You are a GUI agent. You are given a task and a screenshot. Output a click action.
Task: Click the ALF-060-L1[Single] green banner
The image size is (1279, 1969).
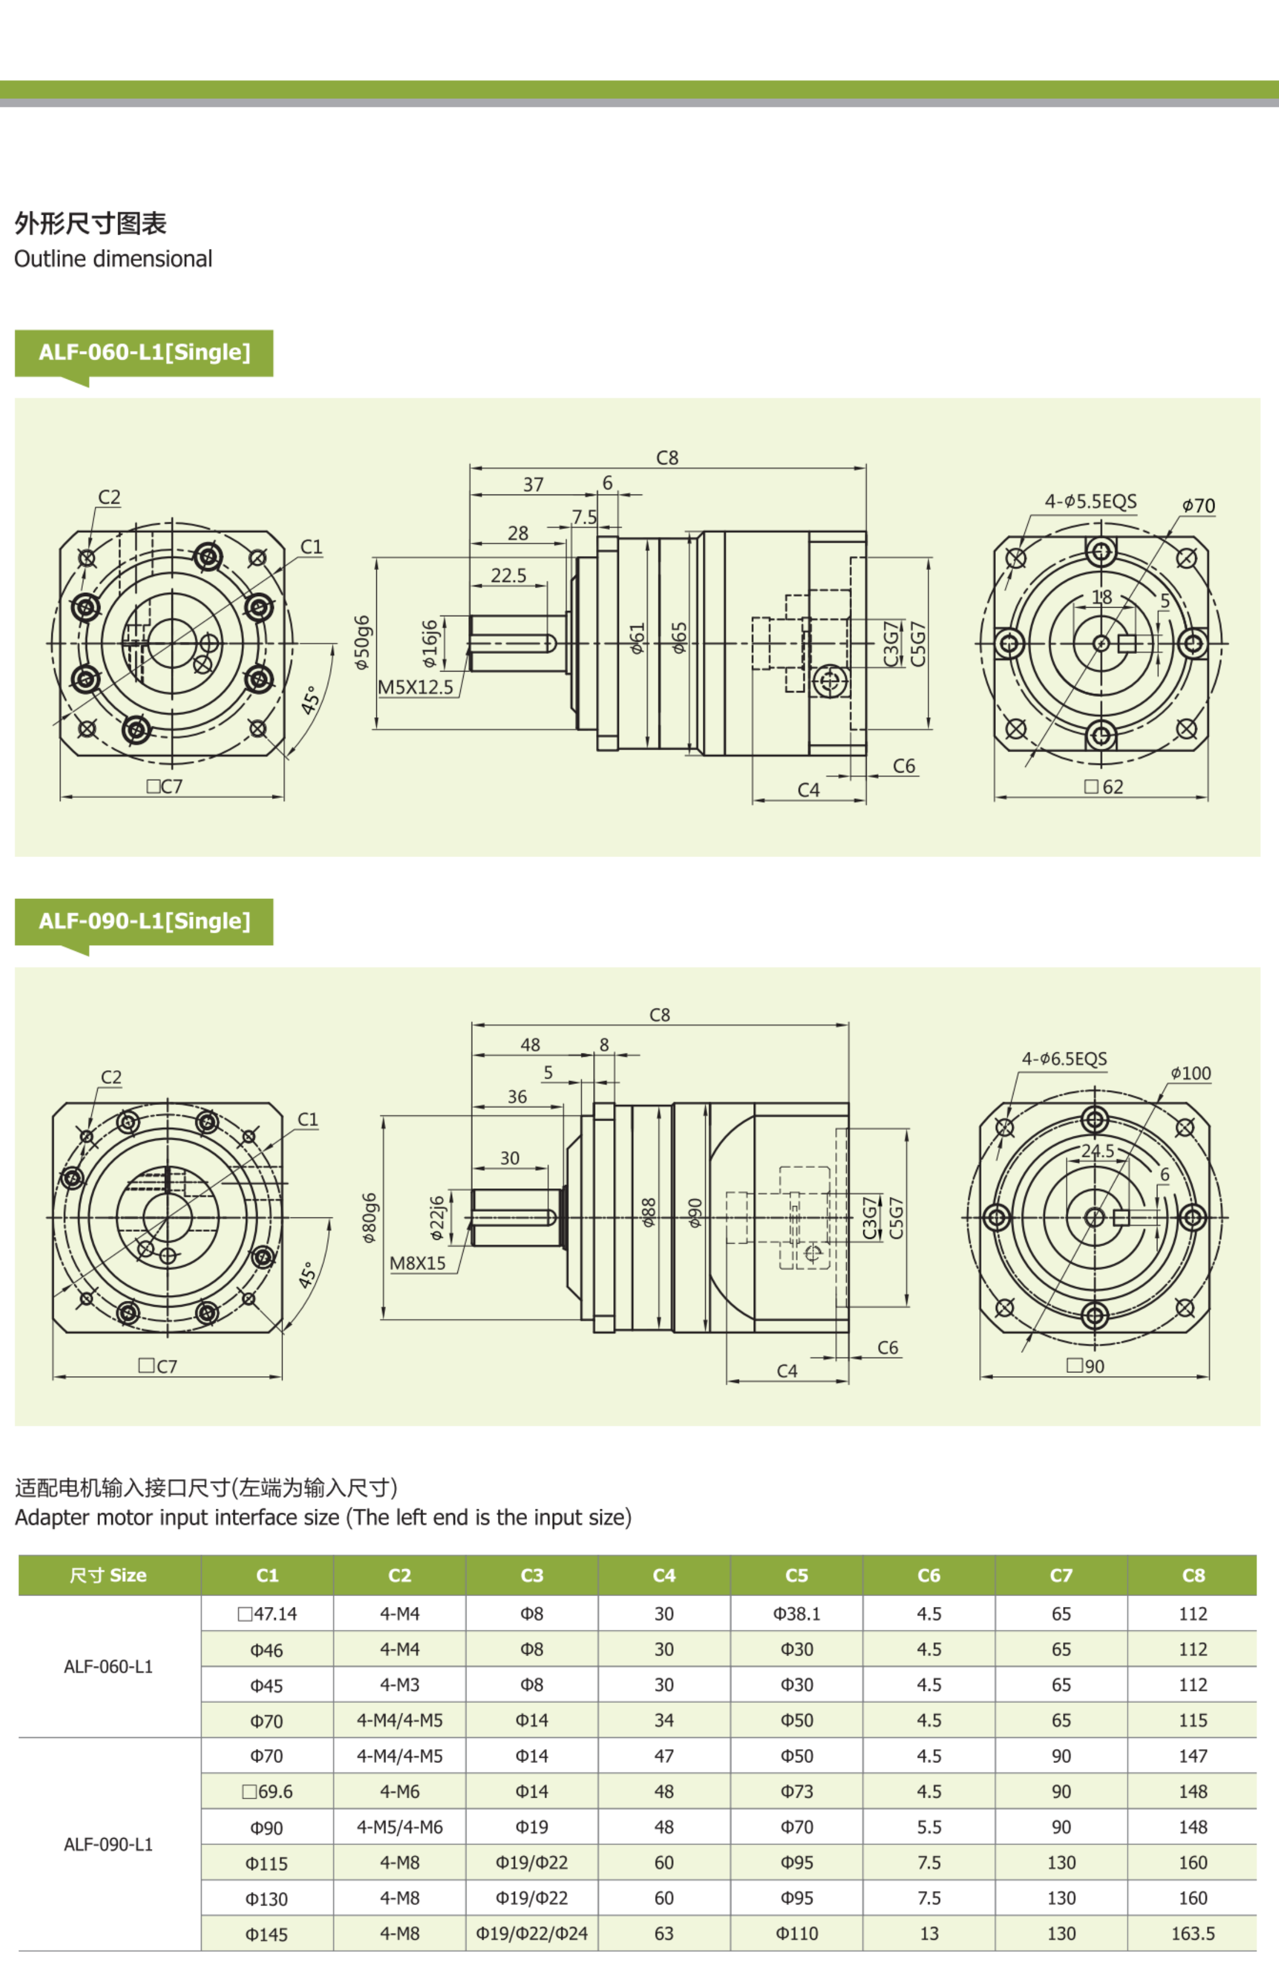(x=144, y=352)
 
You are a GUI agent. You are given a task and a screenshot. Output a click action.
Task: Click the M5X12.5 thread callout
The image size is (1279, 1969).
(x=415, y=686)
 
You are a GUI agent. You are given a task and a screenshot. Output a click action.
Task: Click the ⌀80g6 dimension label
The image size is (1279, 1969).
(x=369, y=1218)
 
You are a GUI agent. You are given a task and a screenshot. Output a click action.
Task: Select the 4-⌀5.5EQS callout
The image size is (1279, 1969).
(x=1091, y=501)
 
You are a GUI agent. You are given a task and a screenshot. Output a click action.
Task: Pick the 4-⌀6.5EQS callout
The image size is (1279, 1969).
(x=1064, y=1059)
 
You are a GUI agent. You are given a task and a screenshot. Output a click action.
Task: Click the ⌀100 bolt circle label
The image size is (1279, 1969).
(x=1190, y=1073)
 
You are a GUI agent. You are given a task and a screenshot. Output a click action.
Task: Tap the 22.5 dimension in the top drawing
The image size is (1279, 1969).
(x=508, y=575)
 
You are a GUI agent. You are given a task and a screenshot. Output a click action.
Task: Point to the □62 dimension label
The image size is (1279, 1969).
(x=1104, y=787)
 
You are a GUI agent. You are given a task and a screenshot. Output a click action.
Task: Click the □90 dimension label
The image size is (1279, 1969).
(x=1085, y=1366)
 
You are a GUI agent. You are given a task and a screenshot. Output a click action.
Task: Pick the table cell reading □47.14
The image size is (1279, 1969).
(x=267, y=1614)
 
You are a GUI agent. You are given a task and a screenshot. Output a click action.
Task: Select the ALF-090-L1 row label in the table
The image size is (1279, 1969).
(x=108, y=1844)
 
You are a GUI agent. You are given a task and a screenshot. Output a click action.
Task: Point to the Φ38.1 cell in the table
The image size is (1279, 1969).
(x=796, y=1614)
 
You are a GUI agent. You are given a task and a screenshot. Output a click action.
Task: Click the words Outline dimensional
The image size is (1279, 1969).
(x=113, y=259)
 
